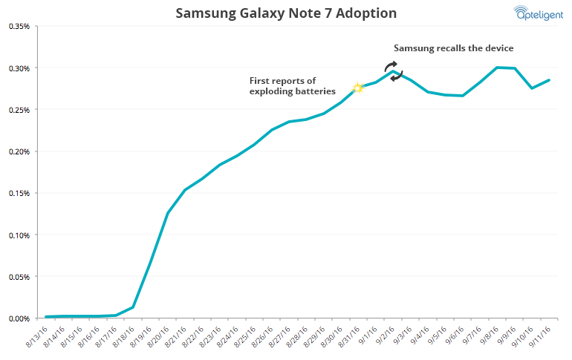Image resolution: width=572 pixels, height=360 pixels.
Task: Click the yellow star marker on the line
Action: point(357,88)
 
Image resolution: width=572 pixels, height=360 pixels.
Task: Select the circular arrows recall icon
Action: point(394,71)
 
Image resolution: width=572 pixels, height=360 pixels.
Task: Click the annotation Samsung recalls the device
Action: point(453,48)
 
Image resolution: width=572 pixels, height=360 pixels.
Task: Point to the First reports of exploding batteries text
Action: point(292,86)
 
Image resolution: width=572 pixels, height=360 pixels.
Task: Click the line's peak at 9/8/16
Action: point(497,68)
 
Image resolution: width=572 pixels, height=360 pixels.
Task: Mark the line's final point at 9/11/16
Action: point(549,80)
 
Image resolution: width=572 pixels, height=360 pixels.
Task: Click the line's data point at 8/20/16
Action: point(168,213)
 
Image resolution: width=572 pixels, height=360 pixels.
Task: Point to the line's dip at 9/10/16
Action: point(532,88)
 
